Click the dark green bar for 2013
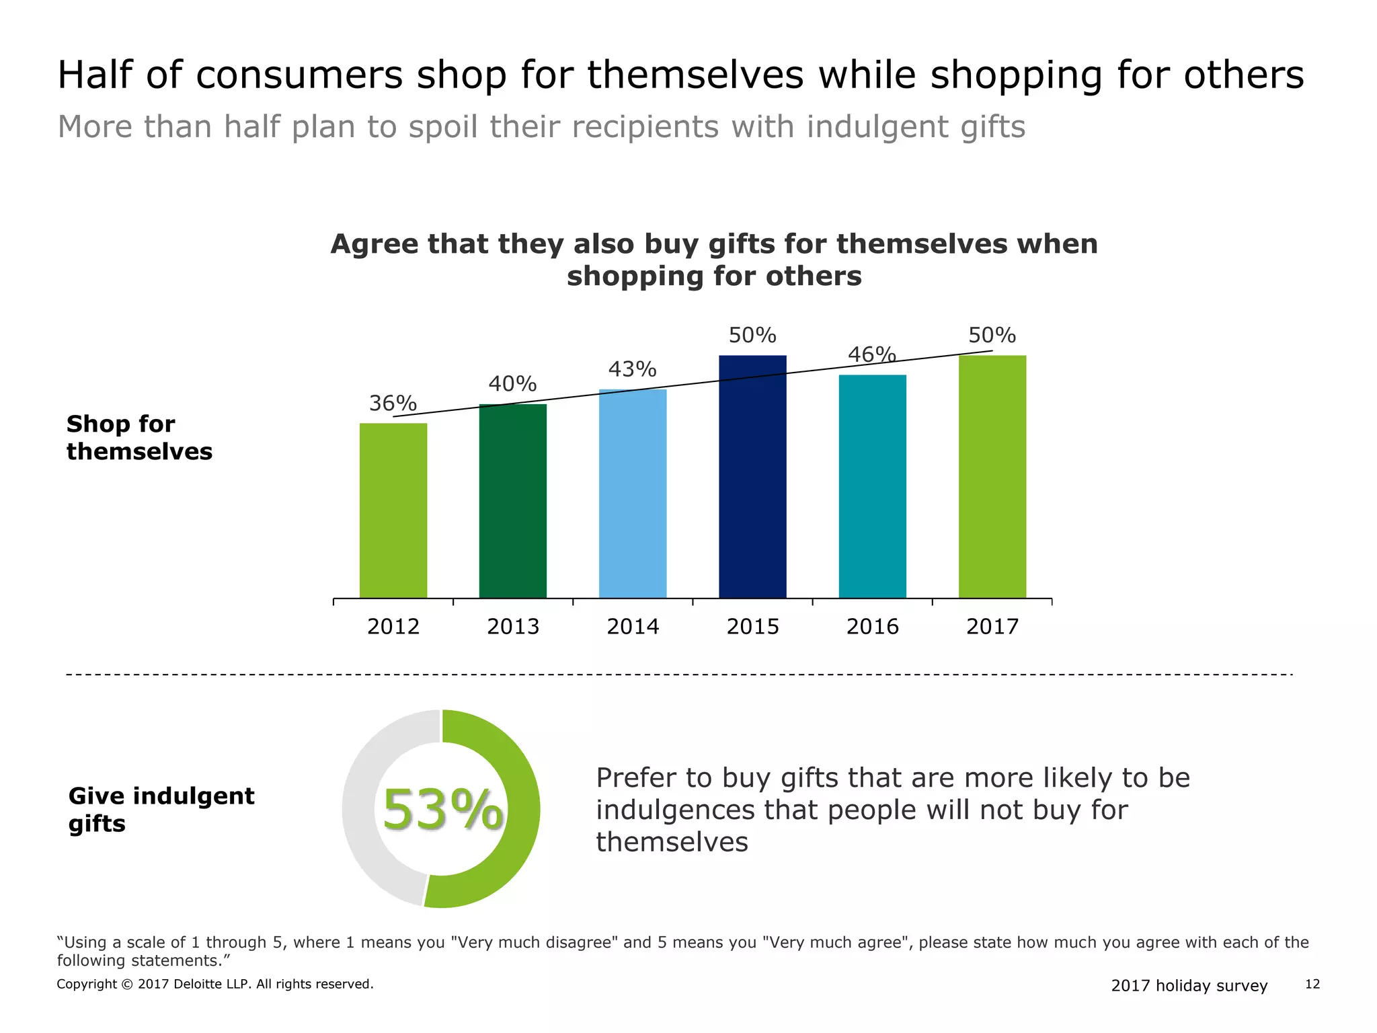pos(513,500)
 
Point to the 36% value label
pos(393,403)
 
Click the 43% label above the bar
pos(632,369)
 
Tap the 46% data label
pos(871,354)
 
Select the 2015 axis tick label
pos(752,627)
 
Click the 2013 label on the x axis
pos(513,627)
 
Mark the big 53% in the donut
pos(442,810)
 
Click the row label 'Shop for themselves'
pos(139,437)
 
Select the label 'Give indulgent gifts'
pos(161,809)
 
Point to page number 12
pos(1312,985)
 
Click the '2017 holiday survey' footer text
pos(1189,985)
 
